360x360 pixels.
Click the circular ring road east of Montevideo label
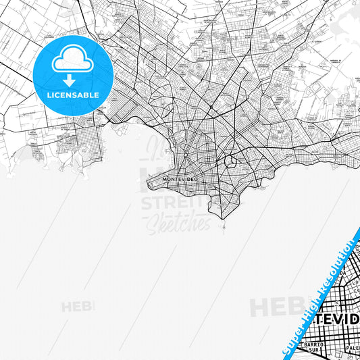[230, 162]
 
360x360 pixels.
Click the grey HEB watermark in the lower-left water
[78, 307]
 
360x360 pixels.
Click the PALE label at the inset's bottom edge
[353, 349]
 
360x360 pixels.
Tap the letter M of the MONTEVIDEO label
[165, 178]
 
